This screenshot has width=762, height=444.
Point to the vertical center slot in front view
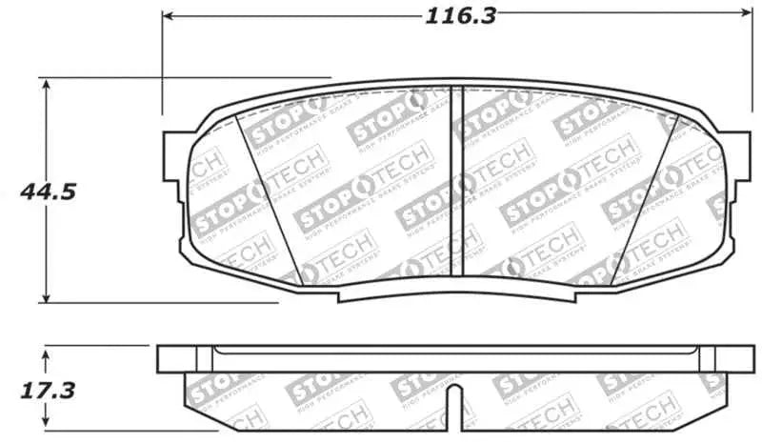click(x=454, y=181)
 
